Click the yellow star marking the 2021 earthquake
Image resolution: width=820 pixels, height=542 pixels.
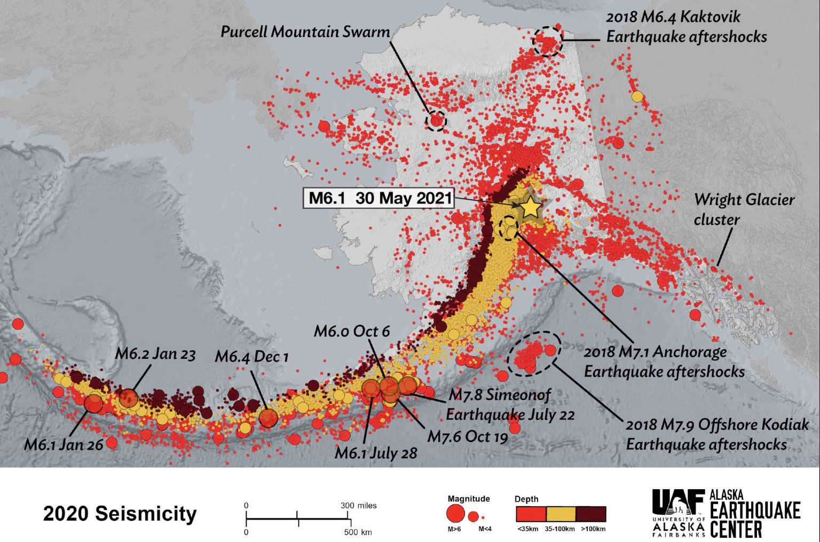pos(530,207)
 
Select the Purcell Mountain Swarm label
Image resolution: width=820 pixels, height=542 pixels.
pos(305,32)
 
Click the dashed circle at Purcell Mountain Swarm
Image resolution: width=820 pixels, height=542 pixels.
pos(436,121)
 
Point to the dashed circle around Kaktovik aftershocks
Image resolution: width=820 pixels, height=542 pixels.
pos(548,42)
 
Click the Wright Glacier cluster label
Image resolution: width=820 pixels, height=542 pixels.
pos(744,209)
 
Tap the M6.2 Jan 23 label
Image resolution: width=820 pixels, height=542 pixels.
pos(155,354)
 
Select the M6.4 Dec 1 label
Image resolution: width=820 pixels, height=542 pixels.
pos(251,356)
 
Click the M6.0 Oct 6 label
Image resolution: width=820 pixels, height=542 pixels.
pos(351,331)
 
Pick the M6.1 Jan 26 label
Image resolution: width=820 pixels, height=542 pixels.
pos(64,444)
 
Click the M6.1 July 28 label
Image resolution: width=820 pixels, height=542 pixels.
pos(375,453)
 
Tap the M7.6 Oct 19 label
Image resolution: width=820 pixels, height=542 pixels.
pos(467,436)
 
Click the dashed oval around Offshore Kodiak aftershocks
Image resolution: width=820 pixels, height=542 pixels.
pos(534,353)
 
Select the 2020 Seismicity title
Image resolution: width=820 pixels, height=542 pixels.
pos(120,514)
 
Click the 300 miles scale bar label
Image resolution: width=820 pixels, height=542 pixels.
pos(358,505)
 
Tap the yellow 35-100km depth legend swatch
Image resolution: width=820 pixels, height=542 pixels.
pos(561,514)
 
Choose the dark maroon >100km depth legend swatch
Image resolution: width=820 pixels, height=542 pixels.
pos(591,514)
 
